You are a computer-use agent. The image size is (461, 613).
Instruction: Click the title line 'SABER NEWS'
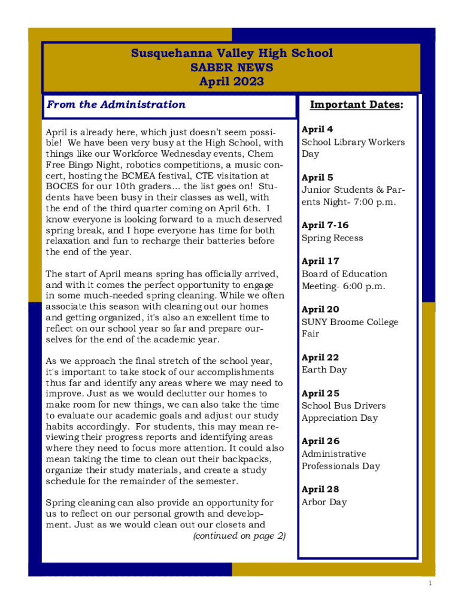pyautogui.click(x=231, y=68)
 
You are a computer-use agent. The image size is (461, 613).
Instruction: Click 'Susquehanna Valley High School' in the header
pyautogui.click(x=231, y=53)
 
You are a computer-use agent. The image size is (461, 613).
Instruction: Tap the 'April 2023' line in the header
pyautogui.click(x=231, y=82)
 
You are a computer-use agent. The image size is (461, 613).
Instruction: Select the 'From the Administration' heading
pyautogui.click(x=116, y=105)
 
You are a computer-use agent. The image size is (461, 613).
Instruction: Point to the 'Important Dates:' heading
pyautogui.click(x=356, y=105)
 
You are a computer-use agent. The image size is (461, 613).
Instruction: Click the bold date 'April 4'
pyautogui.click(x=318, y=129)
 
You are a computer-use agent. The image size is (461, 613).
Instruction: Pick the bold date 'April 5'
pyautogui.click(x=318, y=178)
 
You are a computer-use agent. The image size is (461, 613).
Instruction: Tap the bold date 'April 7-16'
pyautogui.click(x=325, y=226)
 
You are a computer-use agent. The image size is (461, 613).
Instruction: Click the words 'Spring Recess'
pyautogui.click(x=332, y=238)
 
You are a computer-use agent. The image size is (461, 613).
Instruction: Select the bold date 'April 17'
pyautogui.click(x=320, y=262)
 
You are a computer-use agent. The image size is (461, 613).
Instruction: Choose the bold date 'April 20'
pyautogui.click(x=320, y=309)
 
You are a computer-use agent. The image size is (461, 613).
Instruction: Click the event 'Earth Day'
pyautogui.click(x=324, y=370)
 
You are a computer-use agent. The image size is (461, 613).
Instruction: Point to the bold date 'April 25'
pyautogui.click(x=320, y=394)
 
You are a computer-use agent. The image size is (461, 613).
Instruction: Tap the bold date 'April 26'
pyautogui.click(x=320, y=442)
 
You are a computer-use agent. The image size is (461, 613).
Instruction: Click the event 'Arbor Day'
pyautogui.click(x=324, y=502)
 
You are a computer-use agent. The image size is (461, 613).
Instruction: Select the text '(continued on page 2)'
pyautogui.click(x=239, y=536)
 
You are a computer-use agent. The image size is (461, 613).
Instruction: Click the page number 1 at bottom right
pyautogui.click(x=430, y=584)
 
